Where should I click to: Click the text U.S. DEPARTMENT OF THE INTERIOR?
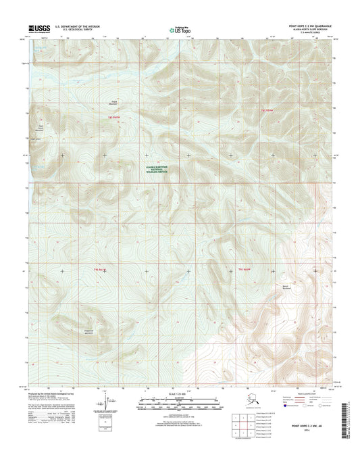(x=81, y=26)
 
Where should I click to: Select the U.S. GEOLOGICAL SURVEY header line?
(x=76, y=30)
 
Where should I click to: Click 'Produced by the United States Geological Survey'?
(x=57, y=391)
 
